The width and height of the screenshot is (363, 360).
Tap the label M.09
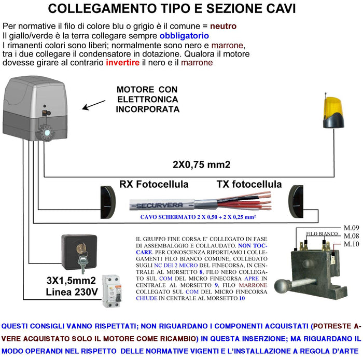point(352,227)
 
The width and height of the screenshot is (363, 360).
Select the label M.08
point(352,236)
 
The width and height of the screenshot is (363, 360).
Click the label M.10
point(352,244)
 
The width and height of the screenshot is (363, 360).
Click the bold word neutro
point(224,26)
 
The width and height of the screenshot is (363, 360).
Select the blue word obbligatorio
point(184,35)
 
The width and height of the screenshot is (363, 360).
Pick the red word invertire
point(123,63)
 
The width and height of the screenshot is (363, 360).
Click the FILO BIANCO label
point(318,234)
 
